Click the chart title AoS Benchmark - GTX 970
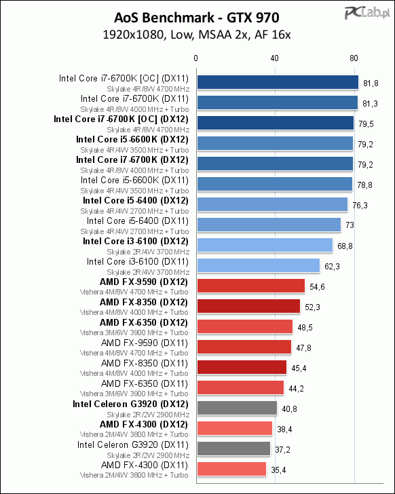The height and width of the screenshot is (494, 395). [197, 18]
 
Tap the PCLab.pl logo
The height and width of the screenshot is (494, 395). [367, 14]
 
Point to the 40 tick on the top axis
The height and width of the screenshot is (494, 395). [274, 58]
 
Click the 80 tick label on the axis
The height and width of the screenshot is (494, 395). [354, 58]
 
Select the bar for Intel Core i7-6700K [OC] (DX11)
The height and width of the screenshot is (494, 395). [278, 83]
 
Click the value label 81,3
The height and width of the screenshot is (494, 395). [370, 104]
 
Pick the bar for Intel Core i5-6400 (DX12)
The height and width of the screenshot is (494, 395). [272, 204]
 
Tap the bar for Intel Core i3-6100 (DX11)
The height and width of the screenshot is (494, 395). [259, 265]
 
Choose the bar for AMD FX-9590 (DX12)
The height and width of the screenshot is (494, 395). [251, 286]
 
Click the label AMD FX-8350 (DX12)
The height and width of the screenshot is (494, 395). [144, 303]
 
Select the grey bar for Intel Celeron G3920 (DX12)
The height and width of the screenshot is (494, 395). [237, 408]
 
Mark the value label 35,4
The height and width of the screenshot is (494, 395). [278, 470]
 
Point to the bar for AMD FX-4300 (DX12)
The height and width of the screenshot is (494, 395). [235, 428]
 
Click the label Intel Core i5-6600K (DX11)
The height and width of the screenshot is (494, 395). [134, 180]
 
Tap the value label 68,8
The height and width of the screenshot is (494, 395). [345, 246]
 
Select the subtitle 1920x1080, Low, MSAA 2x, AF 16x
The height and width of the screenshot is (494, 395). [197, 35]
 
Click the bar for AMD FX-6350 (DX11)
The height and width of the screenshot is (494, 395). [241, 387]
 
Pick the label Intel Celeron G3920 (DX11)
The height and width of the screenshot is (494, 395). [133, 445]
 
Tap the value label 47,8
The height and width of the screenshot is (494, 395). [303, 348]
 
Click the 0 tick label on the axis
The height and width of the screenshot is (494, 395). [196, 58]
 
